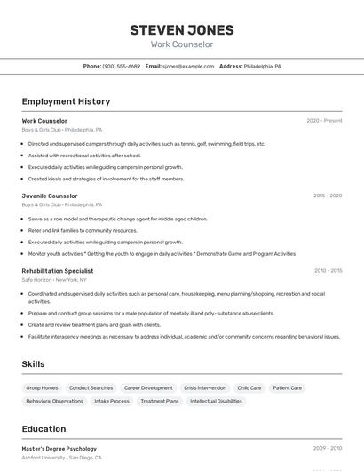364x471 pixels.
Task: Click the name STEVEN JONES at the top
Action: pyautogui.click(x=182, y=29)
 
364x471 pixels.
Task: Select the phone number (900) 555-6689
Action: pyautogui.click(x=122, y=66)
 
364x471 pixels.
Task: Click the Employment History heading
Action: pyautogui.click(x=66, y=101)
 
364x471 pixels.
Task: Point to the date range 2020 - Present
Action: pyautogui.click(x=324, y=121)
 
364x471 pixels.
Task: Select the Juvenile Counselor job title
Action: pyautogui.click(x=50, y=196)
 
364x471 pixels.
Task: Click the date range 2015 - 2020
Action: pyautogui.click(x=327, y=196)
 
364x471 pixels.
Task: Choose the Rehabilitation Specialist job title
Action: pyautogui.click(x=58, y=270)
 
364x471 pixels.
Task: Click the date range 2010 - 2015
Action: pyautogui.click(x=328, y=270)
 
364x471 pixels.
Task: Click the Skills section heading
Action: pyautogui.click(x=33, y=363)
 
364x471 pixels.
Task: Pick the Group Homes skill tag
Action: pyautogui.click(x=42, y=388)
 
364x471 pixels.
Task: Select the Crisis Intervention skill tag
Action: pyautogui.click(x=205, y=388)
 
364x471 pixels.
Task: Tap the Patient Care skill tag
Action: pyautogui.click(x=287, y=388)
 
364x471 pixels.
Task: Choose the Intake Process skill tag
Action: pyautogui.click(x=112, y=402)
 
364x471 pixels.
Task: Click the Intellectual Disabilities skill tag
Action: pyautogui.click(x=216, y=402)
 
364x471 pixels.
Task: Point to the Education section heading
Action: pyautogui.click(x=44, y=428)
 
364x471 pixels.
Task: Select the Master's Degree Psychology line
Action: pyautogui.click(x=59, y=449)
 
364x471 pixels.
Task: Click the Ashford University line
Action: pyautogui.click(x=62, y=459)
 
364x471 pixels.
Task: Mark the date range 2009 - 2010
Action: pyautogui.click(x=327, y=449)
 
